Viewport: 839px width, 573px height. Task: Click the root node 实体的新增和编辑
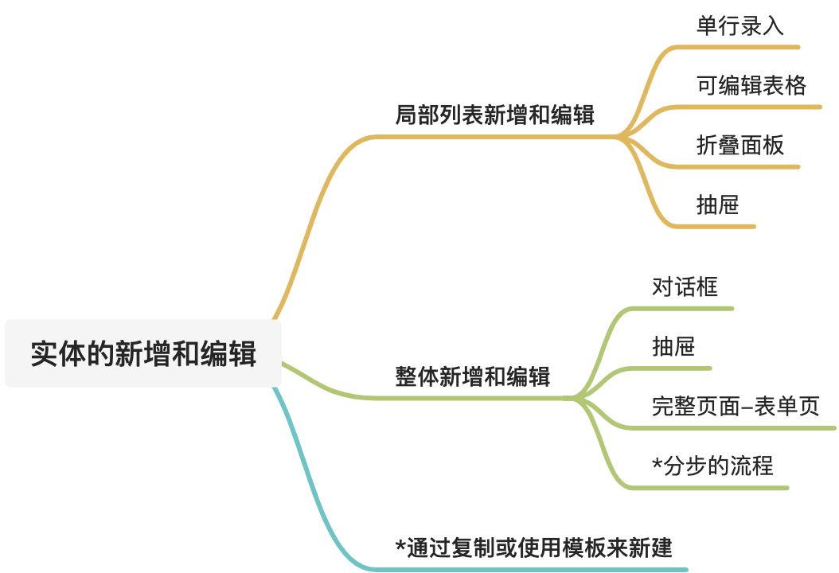(x=143, y=353)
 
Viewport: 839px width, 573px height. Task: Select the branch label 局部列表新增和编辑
(x=494, y=115)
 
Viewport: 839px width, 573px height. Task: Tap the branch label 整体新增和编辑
(x=472, y=376)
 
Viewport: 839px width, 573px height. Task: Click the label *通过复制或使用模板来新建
(x=534, y=548)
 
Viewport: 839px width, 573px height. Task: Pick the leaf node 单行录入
(x=739, y=25)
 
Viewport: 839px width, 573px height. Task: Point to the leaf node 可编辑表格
(x=751, y=85)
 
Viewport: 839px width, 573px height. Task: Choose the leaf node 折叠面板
(x=739, y=145)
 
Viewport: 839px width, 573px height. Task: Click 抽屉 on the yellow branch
(x=717, y=205)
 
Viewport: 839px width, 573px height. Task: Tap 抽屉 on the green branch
(x=673, y=346)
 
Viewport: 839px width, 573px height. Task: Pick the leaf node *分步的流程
(x=712, y=465)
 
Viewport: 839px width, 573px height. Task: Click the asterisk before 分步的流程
(x=657, y=463)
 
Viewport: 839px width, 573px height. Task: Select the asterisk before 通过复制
(x=400, y=546)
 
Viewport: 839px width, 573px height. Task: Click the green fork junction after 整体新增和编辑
(x=577, y=397)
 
